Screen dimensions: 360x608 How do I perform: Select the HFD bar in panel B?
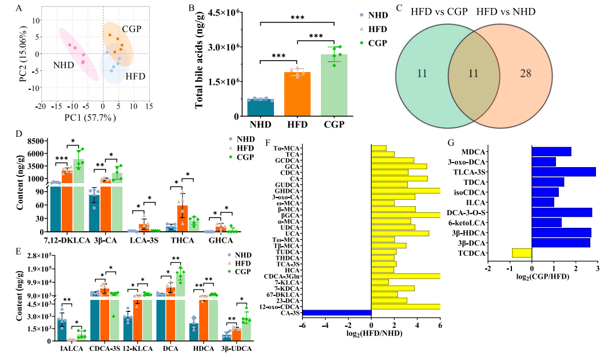click(297, 94)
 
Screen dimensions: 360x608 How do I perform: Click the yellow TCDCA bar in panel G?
click(522, 252)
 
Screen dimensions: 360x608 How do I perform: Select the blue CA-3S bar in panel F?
click(337, 312)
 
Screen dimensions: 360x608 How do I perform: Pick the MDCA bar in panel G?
click(551, 152)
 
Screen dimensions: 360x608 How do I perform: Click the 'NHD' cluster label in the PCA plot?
click(64, 66)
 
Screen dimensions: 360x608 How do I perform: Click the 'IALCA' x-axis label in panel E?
click(65, 348)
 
